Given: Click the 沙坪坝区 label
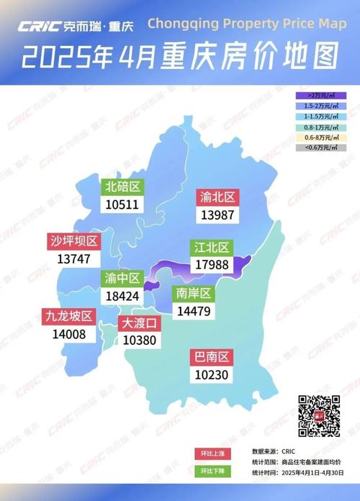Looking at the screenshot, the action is pyautogui.click(x=74, y=241).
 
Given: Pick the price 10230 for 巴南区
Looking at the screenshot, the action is pyautogui.click(x=211, y=374).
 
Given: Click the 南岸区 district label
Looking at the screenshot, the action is pyautogui.click(x=192, y=294).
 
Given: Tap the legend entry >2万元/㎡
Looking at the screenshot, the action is pyautogui.click(x=321, y=94).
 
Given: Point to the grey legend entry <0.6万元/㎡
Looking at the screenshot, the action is pyautogui.click(x=321, y=148).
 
